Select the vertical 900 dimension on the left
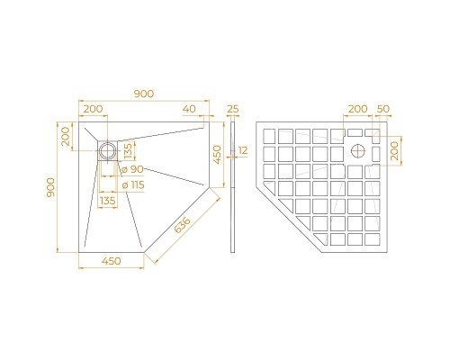click(x=52, y=187)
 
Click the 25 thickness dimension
click(x=233, y=109)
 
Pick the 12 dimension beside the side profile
click(x=244, y=150)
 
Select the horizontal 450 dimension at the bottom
click(x=112, y=263)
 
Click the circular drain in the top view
click(x=109, y=148)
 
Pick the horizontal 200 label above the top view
click(x=92, y=109)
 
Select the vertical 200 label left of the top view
click(x=66, y=137)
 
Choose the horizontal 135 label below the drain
click(x=108, y=201)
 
